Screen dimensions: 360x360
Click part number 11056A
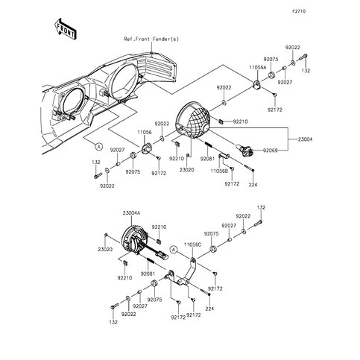click(x=257, y=66)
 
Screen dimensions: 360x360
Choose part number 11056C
click(x=192, y=244)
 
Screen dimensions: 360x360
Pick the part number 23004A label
click(x=132, y=212)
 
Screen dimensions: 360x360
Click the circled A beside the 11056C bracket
click(x=173, y=248)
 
